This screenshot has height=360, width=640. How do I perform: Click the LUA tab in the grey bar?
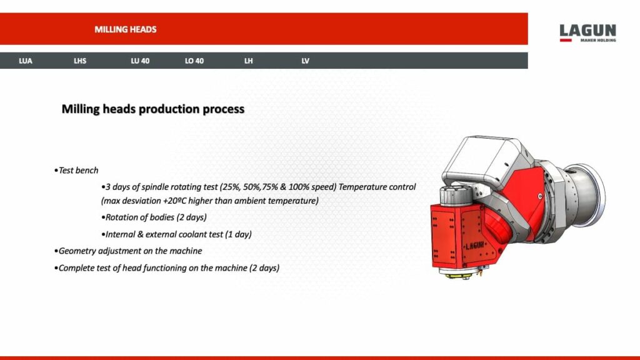26,61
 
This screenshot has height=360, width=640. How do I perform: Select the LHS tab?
80,61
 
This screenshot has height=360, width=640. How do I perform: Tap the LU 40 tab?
140,61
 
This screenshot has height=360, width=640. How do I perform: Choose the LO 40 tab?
194,61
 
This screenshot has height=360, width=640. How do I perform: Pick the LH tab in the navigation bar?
249,61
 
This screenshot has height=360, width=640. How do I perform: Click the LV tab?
306,61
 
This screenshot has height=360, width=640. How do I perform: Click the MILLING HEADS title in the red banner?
126,29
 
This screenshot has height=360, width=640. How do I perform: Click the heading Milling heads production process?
152,109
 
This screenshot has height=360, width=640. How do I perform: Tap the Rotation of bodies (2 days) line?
154,217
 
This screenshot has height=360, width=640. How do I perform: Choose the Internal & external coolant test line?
176,234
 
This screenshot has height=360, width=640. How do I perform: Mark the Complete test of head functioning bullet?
167,267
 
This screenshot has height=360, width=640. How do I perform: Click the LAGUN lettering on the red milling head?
475,246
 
